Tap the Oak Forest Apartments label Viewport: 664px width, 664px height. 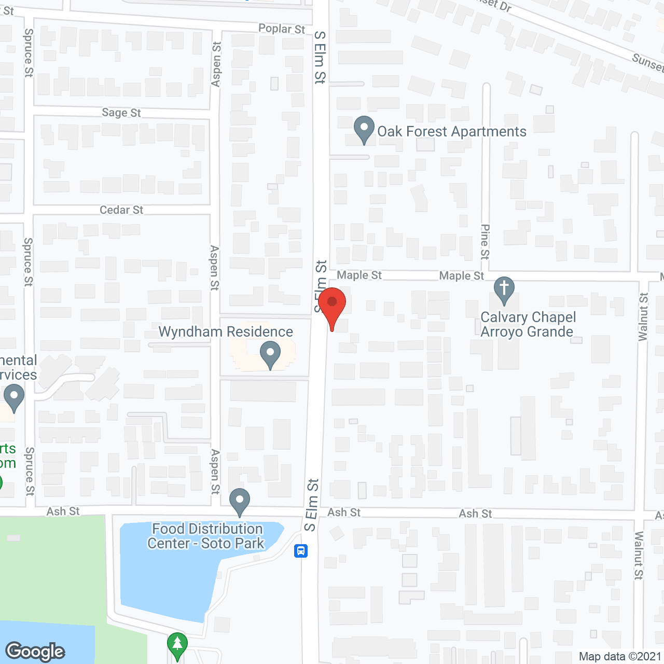(451, 132)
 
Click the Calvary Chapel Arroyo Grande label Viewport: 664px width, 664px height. (528, 325)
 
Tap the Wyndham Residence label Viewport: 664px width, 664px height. (226, 332)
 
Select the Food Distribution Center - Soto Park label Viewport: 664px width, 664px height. (206, 536)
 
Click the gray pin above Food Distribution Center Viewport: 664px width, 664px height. (240, 501)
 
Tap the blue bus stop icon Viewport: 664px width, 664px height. (301, 551)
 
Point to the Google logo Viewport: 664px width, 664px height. (35, 652)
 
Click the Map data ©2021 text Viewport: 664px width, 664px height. (620, 657)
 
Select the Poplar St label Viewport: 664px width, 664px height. (282, 29)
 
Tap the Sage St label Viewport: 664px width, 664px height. (121, 113)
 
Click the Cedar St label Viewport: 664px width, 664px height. (121, 210)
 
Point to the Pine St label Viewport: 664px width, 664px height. (485, 242)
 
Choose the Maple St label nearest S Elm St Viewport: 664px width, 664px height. (359, 275)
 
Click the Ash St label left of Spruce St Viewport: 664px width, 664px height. (63, 511)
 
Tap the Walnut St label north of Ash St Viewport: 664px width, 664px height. (643, 316)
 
